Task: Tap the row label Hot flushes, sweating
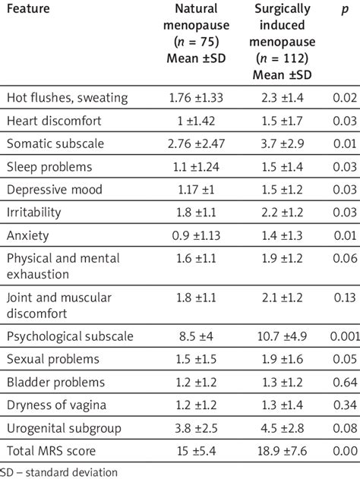[68, 98]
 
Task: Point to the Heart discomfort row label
[55, 121]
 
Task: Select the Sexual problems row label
[52, 358]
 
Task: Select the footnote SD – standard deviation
[59, 471]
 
